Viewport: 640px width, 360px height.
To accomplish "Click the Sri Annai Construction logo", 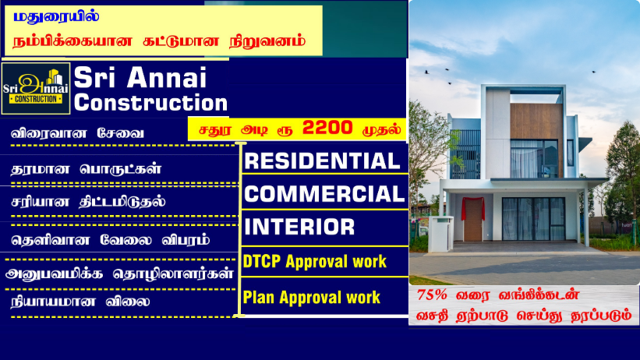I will tap(36, 88).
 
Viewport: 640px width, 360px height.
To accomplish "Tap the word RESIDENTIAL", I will tap(321, 161).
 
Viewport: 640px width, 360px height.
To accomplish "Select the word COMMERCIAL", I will tap(324, 193).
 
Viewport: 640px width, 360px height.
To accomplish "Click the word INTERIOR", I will tap(299, 227).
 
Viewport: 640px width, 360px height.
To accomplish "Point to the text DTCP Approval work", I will tap(314, 261).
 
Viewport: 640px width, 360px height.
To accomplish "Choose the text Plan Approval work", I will tap(311, 297).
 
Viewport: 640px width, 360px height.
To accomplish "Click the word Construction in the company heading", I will tap(150, 102).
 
